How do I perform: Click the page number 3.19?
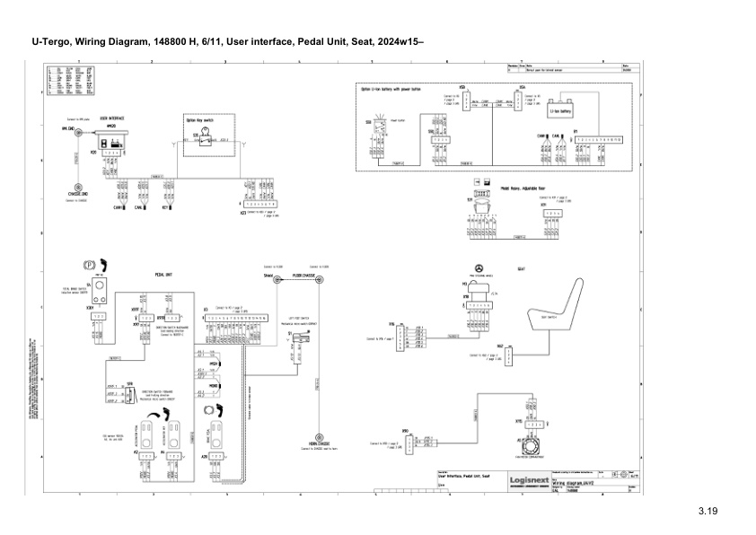tap(709, 512)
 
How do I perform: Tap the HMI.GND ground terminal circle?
tap(78, 131)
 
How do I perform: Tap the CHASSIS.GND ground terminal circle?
tap(75, 184)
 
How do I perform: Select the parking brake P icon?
tap(89, 267)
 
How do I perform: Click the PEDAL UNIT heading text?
tap(164, 276)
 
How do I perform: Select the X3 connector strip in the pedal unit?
tap(237, 318)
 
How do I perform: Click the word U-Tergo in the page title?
tap(51, 42)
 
